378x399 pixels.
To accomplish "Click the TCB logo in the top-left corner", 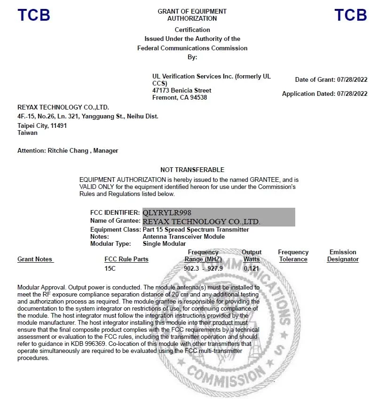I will tap(34, 15).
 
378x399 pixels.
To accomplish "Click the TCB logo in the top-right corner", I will tap(351, 15).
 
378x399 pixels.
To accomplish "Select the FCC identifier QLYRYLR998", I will tap(167, 212).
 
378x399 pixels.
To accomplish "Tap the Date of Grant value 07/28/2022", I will tap(352, 80).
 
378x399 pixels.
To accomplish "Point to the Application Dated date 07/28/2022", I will tap(352, 94).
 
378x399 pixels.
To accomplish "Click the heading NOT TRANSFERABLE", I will tap(192, 170).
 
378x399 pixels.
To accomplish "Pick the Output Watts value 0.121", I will tap(252, 268).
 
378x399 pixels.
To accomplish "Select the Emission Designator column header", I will tap(343, 256).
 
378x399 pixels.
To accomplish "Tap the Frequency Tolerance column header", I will tap(293, 256).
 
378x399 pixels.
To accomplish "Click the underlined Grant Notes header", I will tap(35, 259).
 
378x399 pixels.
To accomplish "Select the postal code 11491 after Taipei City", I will tap(58, 126).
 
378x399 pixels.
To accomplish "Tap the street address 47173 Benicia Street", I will tap(181, 90).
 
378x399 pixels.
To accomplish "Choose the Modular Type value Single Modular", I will tap(164, 243).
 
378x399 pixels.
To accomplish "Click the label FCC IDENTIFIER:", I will tap(115, 212).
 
